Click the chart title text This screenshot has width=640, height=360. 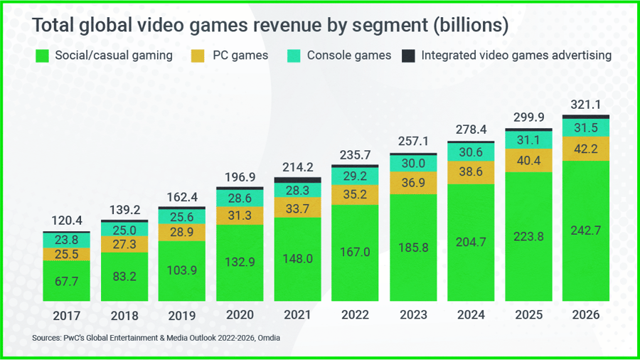pyautogui.click(x=271, y=26)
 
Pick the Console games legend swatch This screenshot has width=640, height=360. pyautogui.click(x=294, y=55)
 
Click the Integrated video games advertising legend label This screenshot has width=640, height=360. pyautogui.click(x=516, y=55)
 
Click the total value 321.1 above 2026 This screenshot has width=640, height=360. pyautogui.click(x=587, y=105)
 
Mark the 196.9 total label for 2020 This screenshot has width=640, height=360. pyautogui.click(x=240, y=175)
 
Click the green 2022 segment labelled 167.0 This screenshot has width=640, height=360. pyautogui.click(x=356, y=253)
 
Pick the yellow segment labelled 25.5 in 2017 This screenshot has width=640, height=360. pyautogui.click(x=66, y=254)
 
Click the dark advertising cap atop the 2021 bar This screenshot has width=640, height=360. pyautogui.click(x=297, y=180)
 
